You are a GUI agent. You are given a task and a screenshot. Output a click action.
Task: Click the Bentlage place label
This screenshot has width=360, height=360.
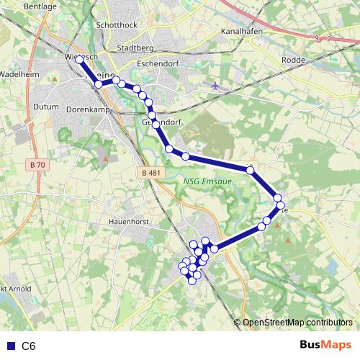[19, 6]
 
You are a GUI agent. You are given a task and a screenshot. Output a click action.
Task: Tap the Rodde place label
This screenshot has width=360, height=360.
[294, 60]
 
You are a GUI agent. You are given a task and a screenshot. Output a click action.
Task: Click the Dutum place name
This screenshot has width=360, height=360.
[45, 107]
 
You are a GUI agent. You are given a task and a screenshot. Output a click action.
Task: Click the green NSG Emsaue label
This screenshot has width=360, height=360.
[208, 181]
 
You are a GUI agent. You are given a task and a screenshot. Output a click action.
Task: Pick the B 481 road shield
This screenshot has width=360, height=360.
[150, 173]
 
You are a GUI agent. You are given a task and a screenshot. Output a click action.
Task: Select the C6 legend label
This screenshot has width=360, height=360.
[29, 346]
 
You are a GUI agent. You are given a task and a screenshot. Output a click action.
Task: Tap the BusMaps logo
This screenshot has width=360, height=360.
[325, 346]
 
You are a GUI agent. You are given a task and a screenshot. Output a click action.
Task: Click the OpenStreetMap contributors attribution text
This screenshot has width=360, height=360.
[297, 322]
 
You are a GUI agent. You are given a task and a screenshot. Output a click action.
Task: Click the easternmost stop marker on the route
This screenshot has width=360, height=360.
[281, 206]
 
